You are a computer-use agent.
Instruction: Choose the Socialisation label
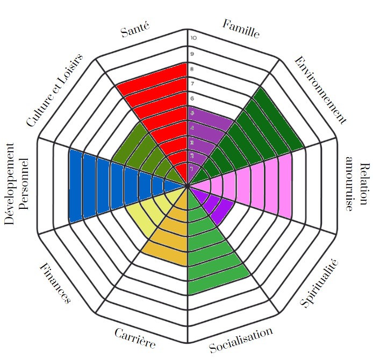tap(241, 340)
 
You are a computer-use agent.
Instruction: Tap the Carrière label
tap(135, 338)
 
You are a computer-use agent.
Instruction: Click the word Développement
tap(10, 187)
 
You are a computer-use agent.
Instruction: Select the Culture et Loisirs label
tap(55, 90)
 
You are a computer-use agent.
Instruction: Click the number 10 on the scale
tap(193, 38)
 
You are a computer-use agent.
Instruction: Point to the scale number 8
tap(192, 69)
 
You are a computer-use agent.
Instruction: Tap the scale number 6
tap(192, 98)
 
